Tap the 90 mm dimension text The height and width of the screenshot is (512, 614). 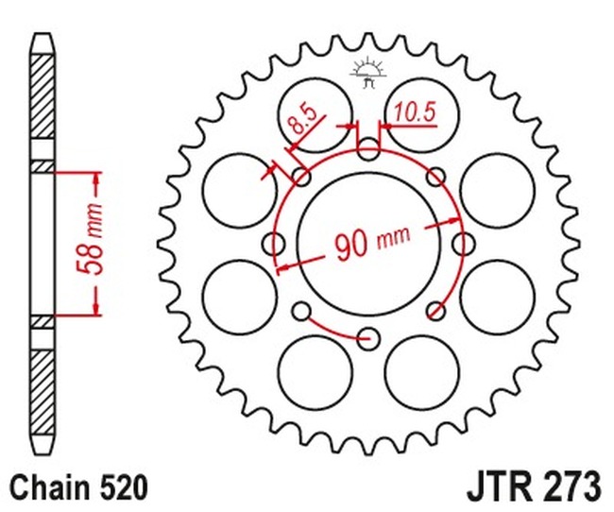click(x=372, y=241)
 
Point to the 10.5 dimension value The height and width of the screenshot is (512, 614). click(x=415, y=112)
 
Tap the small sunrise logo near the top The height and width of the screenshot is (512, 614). click(x=368, y=74)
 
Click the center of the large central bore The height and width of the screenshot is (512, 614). click(x=368, y=244)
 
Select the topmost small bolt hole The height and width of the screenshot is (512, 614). click(x=368, y=149)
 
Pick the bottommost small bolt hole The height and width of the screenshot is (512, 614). click(x=368, y=337)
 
